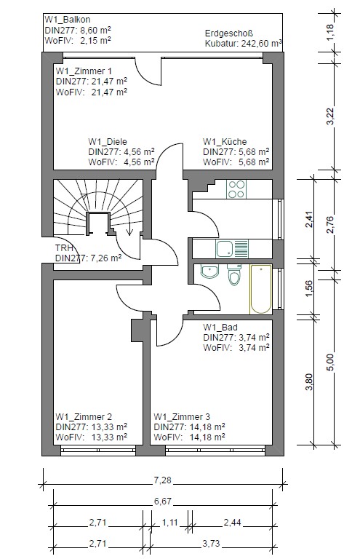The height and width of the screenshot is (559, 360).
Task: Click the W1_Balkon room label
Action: coord(68,20)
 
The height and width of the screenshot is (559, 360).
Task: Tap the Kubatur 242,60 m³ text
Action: coord(244,44)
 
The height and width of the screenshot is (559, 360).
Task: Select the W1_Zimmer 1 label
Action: coord(84,71)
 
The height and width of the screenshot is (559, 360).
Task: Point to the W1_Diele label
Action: coord(108,141)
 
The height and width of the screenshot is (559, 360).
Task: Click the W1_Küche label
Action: coord(225,141)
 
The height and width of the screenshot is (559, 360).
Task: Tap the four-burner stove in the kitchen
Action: coord(236,189)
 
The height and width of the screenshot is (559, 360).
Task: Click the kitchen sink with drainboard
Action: coord(232,249)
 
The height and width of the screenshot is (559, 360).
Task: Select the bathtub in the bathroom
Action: coord(260,289)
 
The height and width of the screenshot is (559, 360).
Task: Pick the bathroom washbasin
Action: coord(209,271)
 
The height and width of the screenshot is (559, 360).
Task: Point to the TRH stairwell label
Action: coord(64,248)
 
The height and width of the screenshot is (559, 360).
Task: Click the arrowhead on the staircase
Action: coord(129,231)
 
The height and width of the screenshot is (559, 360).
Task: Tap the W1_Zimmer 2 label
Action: coord(84,417)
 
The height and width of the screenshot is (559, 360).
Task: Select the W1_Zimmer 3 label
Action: coord(182,417)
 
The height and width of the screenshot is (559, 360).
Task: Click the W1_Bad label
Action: coord(220,328)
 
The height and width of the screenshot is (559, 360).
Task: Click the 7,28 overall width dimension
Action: coord(162,480)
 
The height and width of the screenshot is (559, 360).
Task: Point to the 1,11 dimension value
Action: coord(169,523)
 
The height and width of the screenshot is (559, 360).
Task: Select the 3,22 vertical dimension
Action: coord(331,116)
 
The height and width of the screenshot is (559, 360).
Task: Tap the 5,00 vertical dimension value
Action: coord(331,363)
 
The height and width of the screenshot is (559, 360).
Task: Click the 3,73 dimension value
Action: coord(211,544)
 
